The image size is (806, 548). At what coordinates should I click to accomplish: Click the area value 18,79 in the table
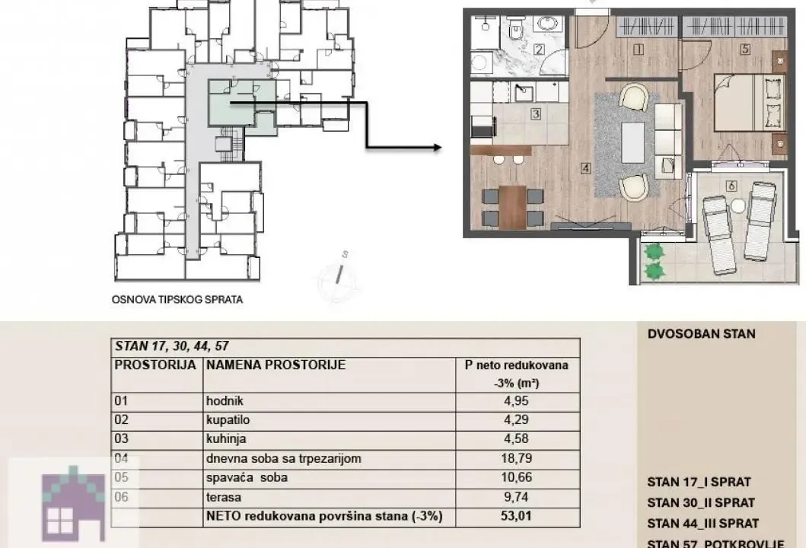tap(517, 458)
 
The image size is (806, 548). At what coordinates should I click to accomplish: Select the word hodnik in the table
tap(225, 400)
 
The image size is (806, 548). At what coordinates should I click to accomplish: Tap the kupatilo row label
tap(228, 419)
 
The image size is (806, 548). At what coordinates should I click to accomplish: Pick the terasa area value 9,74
tap(517, 497)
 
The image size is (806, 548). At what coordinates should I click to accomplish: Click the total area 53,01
tap(517, 517)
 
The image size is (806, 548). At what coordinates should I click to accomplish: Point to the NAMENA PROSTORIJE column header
tap(276, 365)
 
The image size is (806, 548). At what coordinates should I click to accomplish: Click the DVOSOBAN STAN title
tap(701, 334)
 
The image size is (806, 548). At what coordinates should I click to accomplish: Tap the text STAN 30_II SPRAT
tap(700, 502)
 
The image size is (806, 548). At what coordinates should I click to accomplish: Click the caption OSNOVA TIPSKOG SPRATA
tap(177, 300)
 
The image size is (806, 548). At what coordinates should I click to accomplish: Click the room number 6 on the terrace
tap(731, 185)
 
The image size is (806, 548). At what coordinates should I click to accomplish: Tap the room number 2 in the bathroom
tap(538, 51)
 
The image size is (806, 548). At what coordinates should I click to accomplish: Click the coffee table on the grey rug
tap(633, 143)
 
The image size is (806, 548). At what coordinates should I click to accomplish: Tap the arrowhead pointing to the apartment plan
tap(436, 147)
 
